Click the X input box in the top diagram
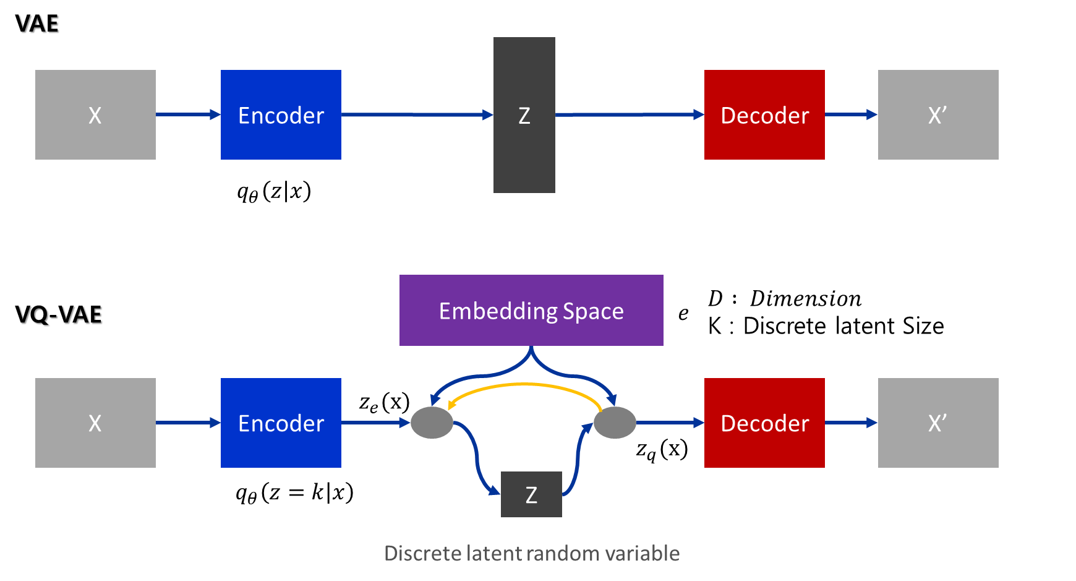[x=95, y=114]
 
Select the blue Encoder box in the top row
[x=281, y=114]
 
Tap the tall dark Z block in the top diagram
[x=524, y=115]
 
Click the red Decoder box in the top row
[x=764, y=114]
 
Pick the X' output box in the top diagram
[x=937, y=114]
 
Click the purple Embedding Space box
[x=531, y=310]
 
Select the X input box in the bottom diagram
[x=95, y=423]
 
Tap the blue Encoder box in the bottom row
[x=281, y=423]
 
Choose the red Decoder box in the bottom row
[x=764, y=423]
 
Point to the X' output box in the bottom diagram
[x=937, y=423]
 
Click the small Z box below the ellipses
[x=531, y=494]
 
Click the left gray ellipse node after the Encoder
[x=432, y=423]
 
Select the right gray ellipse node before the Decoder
[x=615, y=423]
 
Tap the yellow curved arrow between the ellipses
[x=524, y=385]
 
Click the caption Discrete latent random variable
[x=532, y=553]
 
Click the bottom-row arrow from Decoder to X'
[x=851, y=423]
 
